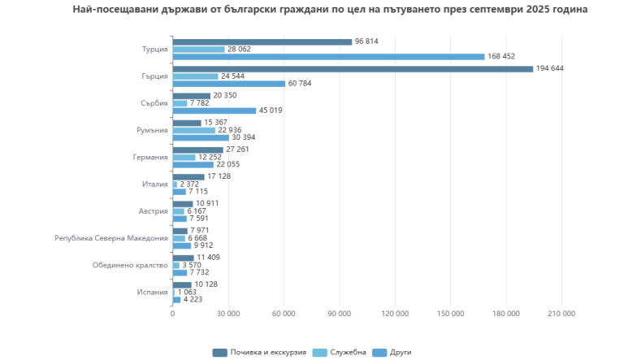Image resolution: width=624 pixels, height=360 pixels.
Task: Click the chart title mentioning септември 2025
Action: pos(330,10)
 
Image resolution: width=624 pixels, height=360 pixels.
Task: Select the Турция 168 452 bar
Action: pos(328,57)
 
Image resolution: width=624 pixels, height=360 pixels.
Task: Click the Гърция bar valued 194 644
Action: pos(353,68)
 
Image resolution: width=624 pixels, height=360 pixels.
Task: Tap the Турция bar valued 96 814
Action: pos(262,41)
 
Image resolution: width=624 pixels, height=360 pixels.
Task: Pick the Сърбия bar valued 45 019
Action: pos(214,111)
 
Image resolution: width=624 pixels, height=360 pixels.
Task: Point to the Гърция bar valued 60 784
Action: pos(228,84)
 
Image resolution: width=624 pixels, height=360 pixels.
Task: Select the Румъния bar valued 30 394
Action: pos(201,137)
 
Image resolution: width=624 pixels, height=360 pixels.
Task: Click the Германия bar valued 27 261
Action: pos(197,150)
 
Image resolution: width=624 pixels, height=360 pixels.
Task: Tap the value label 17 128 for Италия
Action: pos(220,176)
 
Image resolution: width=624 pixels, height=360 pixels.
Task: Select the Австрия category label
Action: pos(154,211)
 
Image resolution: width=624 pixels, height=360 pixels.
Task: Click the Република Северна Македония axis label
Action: pos(111,238)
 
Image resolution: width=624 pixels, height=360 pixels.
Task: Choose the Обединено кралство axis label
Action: pos(130,266)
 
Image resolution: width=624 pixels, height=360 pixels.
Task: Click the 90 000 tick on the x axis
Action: pos(339,314)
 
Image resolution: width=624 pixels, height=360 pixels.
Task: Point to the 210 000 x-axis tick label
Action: pos(561,314)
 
